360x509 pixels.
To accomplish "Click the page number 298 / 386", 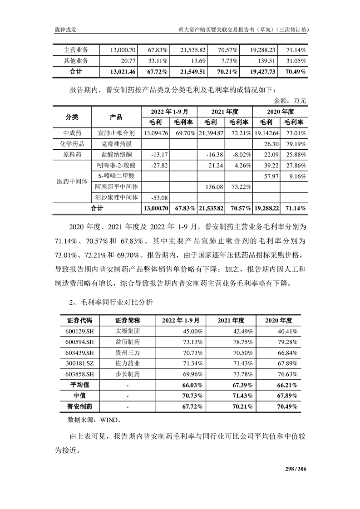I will [x=296, y=469].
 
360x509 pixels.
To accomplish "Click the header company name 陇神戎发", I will [x=66, y=29].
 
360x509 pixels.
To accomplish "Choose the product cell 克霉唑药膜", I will [x=116, y=143].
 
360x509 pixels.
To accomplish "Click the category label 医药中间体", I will [x=72, y=181].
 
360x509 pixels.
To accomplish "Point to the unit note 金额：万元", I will [x=291, y=100].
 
